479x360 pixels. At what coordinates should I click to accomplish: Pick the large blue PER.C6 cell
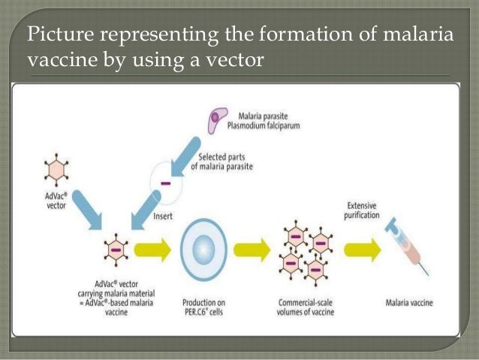pyautogui.click(x=200, y=250)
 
